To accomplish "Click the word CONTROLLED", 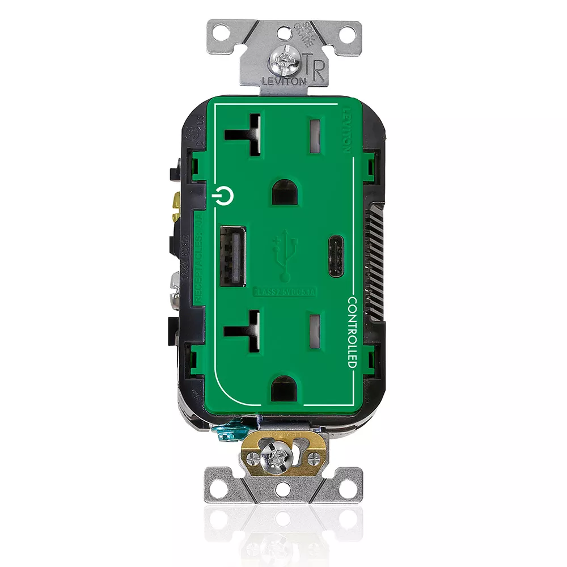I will [352, 332].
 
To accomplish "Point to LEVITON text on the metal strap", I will [283, 81].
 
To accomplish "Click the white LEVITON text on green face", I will [347, 133].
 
